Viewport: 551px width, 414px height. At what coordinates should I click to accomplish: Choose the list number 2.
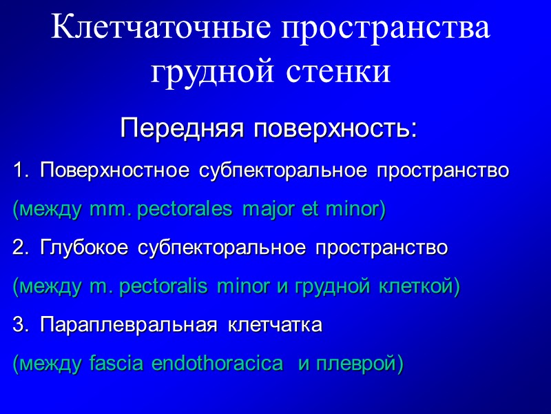(x=20, y=248)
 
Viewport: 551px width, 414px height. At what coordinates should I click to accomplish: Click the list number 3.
(x=20, y=325)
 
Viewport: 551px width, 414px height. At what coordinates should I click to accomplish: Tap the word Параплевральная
(x=124, y=325)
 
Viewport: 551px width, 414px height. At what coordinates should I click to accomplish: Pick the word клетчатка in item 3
(x=274, y=325)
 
